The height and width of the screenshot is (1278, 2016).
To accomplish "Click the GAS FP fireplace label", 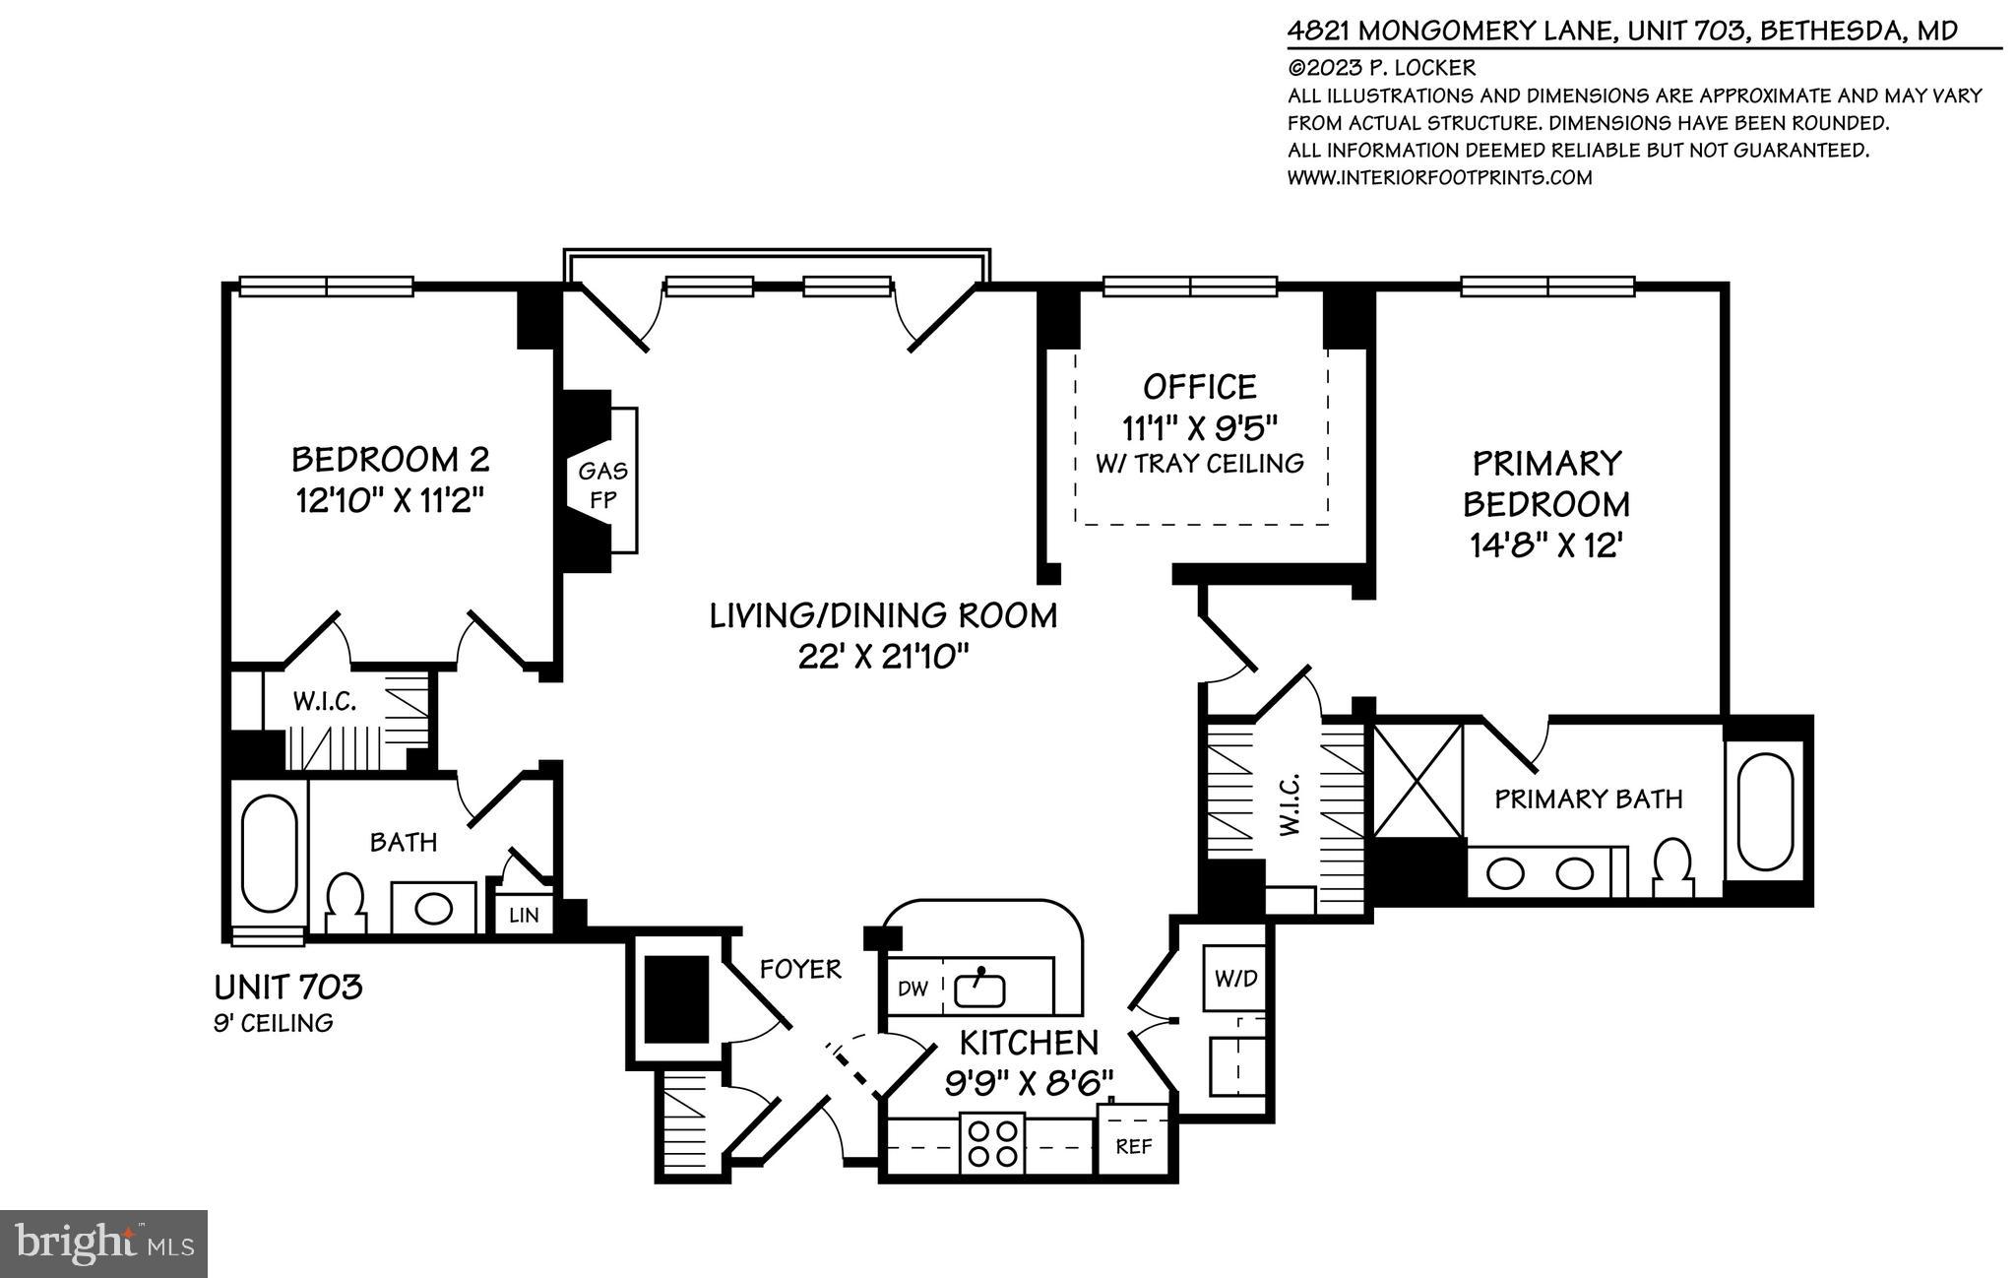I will click(602, 485).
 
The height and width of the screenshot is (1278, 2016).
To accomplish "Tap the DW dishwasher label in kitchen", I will click(913, 989).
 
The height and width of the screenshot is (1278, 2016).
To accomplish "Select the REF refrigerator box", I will click(1133, 1147).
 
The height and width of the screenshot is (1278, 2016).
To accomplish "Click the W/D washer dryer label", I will click(1235, 979).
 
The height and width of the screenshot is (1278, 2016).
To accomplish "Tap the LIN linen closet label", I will click(524, 916).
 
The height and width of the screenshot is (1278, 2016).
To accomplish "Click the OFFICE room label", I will click(1199, 386).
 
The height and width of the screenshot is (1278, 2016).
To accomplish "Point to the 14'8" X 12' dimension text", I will click(1545, 545).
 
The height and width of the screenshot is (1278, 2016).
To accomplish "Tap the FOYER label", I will click(800, 970).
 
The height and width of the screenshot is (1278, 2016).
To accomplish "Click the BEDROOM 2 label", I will click(391, 459).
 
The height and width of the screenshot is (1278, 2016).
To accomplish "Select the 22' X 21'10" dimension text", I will click(883, 657).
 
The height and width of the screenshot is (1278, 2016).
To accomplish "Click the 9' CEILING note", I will click(274, 1023).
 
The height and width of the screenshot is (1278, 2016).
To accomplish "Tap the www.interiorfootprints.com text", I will click(1439, 177).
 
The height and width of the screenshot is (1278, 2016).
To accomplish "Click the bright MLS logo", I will click(104, 1244).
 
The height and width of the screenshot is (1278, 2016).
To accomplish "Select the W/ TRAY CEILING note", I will click(1199, 463).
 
